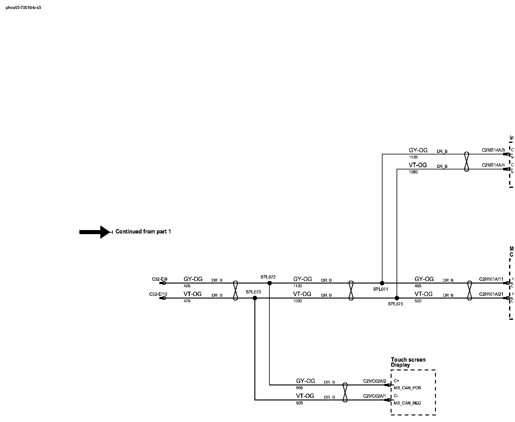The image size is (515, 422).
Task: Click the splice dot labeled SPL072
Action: point(269,283)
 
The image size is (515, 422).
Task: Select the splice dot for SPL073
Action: point(255,298)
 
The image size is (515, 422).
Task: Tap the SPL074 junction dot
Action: point(382,283)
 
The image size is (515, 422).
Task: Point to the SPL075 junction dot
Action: point(397,298)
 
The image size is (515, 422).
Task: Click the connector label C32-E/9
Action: point(160,279)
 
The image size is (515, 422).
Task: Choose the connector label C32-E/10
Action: point(158,294)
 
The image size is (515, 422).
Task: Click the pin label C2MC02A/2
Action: point(375,381)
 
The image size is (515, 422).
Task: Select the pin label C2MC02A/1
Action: point(375,396)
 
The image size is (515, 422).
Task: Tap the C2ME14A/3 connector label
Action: point(493,150)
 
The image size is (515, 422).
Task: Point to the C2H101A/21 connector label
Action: point(491,294)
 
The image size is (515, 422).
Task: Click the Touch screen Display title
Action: point(408,362)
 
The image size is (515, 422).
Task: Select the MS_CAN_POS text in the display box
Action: point(407,388)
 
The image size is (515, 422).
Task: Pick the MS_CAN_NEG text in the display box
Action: point(407,403)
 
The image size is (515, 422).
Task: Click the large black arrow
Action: point(95,232)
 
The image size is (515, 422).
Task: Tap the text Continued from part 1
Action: point(143,232)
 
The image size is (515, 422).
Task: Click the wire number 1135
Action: point(413,157)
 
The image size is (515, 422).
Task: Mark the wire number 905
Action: point(299,403)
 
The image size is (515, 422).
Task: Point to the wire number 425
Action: point(187,286)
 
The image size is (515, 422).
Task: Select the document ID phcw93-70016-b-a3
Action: point(23,8)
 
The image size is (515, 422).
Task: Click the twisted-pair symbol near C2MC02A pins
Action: point(345,392)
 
